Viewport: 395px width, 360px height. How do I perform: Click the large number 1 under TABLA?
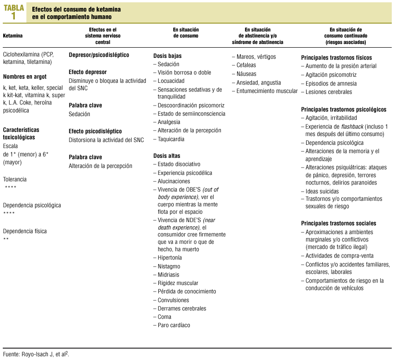13,16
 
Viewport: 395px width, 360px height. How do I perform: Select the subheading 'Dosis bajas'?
167,56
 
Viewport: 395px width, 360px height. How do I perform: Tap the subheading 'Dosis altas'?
167,156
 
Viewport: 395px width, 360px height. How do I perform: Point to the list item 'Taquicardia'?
171,139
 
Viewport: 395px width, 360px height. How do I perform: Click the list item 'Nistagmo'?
169,267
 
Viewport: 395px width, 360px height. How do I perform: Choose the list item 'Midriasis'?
169,275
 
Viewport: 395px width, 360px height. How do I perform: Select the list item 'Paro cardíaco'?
174,325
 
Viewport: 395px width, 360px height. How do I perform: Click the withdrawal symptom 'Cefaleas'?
246,65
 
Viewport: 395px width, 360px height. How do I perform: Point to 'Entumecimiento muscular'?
267,91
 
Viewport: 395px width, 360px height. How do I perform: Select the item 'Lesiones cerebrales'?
328,92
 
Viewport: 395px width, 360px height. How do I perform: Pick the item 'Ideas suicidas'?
322,191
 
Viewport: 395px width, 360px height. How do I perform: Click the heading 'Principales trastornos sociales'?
339,223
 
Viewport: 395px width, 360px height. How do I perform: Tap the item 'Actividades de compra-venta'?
339,256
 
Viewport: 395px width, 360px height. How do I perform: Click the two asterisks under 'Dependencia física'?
6,239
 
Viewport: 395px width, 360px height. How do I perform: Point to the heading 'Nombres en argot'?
25,77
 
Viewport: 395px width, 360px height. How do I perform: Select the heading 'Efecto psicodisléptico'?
95,131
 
